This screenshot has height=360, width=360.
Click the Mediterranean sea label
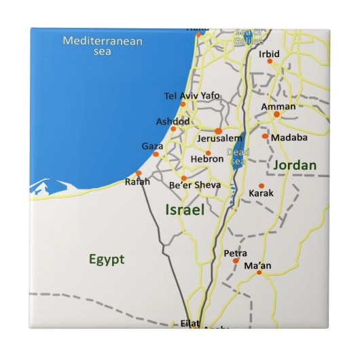(x=103, y=46)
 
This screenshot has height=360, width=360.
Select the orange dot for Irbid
(x=270, y=61)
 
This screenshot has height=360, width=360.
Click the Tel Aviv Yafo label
(x=192, y=96)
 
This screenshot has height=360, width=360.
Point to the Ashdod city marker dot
(x=173, y=128)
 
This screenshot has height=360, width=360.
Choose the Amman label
(x=278, y=107)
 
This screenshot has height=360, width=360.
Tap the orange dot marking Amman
(x=276, y=114)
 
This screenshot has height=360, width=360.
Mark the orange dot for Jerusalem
(x=218, y=131)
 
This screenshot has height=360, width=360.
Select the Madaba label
(x=289, y=137)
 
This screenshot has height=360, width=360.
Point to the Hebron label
(x=207, y=159)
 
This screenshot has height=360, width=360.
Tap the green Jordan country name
(x=295, y=165)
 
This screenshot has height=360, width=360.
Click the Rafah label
(x=137, y=181)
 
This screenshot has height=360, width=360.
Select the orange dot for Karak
(x=262, y=185)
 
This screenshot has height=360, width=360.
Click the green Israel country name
(x=185, y=210)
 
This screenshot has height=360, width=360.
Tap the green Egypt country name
(x=107, y=259)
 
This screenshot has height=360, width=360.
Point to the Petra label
(x=235, y=253)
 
